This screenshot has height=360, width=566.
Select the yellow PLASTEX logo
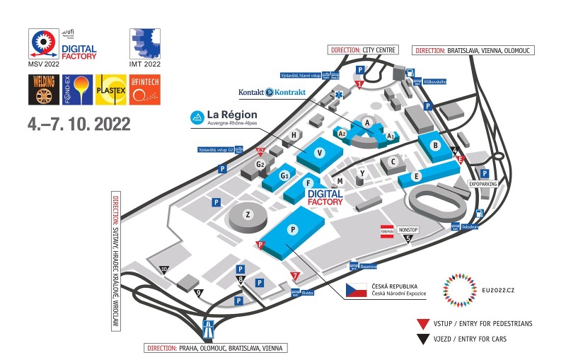pos(110,90)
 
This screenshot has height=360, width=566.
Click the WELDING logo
pos(41,90)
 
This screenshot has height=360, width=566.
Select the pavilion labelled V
pos(320,153)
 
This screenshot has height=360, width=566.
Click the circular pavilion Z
pos(248,215)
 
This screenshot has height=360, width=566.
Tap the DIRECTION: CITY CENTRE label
pos(364,50)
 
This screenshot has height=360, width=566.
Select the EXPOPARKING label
pos(483,184)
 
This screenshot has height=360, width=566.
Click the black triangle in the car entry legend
pos(422,339)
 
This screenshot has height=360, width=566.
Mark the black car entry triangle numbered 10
pos(164,269)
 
